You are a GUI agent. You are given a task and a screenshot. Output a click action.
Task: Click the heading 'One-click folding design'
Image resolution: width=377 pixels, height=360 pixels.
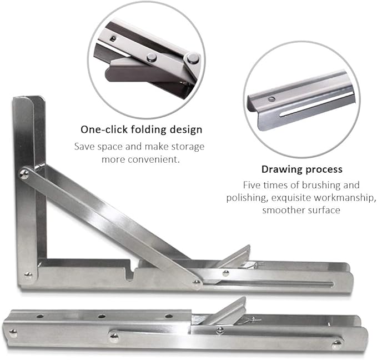tap(141, 129)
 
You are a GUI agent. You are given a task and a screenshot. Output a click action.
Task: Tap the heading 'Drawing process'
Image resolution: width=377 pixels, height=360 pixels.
tap(301, 169)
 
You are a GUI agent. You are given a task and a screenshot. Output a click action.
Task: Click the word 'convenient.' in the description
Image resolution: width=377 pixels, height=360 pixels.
tap(163, 159)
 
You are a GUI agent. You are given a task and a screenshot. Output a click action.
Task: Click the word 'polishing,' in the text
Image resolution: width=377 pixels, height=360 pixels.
tap(246, 197)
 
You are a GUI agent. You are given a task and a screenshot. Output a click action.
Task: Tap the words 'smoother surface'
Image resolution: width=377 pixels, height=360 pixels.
tap(301, 210)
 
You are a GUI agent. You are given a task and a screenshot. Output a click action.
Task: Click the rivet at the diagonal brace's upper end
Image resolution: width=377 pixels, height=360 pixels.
tap(25, 174)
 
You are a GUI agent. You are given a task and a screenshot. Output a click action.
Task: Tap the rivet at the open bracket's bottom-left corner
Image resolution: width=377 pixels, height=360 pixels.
tap(28, 274)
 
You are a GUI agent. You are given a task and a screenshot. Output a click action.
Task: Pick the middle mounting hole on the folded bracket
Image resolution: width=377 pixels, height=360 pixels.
tap(102, 316)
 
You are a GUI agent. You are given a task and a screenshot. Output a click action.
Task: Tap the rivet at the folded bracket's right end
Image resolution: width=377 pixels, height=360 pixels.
tap(336, 344)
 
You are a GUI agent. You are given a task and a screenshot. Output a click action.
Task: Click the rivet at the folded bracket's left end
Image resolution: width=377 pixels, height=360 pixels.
tap(12, 333)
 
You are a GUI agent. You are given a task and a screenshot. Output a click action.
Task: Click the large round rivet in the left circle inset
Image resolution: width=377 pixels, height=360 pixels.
tap(192, 58)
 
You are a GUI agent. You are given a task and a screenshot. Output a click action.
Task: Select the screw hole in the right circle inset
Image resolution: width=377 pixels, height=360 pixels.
tap(271, 99)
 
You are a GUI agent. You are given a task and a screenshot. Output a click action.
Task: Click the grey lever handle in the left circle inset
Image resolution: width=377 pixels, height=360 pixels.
tap(133, 71)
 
